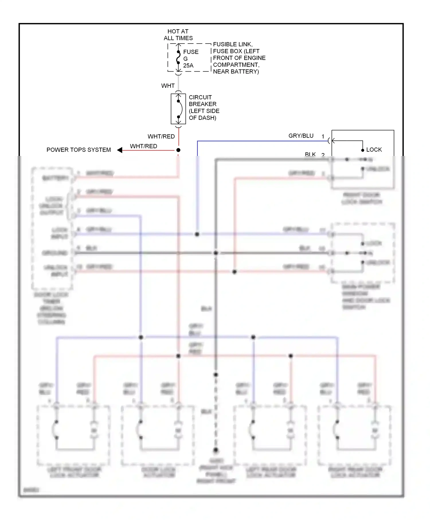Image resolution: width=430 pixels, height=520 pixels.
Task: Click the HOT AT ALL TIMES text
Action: coord(178,35)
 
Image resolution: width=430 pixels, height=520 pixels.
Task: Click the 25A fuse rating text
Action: coord(188,66)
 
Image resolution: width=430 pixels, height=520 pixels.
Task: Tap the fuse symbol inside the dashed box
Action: coord(178,57)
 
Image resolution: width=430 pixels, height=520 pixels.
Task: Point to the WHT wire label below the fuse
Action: coord(168,86)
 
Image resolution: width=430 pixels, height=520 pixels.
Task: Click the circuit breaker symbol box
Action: coord(178,109)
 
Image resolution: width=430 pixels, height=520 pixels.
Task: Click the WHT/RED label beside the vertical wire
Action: coord(161,136)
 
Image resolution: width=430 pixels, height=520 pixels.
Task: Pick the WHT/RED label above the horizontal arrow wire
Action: coord(143,146)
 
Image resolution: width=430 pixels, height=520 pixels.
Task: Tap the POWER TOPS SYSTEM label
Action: coord(79,150)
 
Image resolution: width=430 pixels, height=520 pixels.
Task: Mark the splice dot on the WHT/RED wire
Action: coord(178,150)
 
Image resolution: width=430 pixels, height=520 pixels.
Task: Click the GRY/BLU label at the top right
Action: coord(301,136)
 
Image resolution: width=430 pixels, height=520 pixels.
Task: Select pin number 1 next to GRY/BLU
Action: coord(323,136)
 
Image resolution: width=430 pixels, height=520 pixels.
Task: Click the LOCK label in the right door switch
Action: coord(374,150)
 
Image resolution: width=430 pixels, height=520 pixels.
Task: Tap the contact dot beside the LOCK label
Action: coord(363,150)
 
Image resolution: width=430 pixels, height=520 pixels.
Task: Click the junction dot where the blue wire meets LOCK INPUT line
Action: coord(197,234)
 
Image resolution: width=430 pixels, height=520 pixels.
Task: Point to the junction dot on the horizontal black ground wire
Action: coord(216,253)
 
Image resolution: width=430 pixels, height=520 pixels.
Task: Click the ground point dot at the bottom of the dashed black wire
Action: coord(216,450)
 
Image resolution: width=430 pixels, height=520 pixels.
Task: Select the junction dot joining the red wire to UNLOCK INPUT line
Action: coord(234,271)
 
